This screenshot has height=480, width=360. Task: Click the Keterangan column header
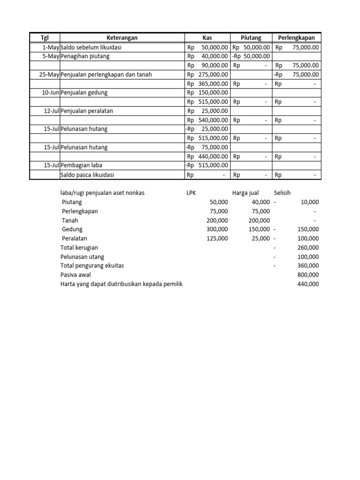pos(122,38)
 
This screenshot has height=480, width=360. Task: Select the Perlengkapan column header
pos(297,38)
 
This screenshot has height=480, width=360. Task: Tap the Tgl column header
pos(45,38)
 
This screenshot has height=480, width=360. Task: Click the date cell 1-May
pos(51,47)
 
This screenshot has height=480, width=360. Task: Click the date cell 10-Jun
pos(51,93)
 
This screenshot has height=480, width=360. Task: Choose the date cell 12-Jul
pos(52,111)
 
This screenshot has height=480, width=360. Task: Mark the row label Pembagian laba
pos(81,165)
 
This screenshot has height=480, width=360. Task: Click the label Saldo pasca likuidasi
pos(87,175)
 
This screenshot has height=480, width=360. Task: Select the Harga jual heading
pos(245,193)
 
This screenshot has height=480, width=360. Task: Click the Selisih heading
pos(283,193)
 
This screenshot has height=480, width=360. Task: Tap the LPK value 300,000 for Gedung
pos(217,229)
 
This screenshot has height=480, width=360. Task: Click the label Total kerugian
pos(79,247)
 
